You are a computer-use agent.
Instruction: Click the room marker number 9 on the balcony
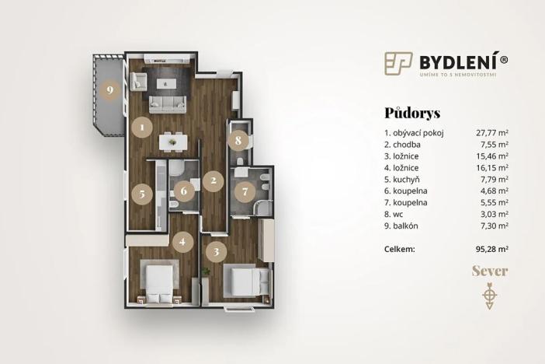110,90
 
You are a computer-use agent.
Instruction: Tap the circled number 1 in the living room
141,125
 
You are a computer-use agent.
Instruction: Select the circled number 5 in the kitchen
141,194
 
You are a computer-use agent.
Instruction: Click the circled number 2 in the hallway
213,181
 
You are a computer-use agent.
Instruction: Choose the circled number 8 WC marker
239,141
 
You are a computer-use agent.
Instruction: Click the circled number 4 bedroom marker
182,242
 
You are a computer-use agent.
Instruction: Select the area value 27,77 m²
492,133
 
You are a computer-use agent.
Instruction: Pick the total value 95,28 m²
492,249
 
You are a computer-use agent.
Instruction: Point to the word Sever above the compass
489,271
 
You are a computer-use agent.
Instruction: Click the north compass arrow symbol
489,296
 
